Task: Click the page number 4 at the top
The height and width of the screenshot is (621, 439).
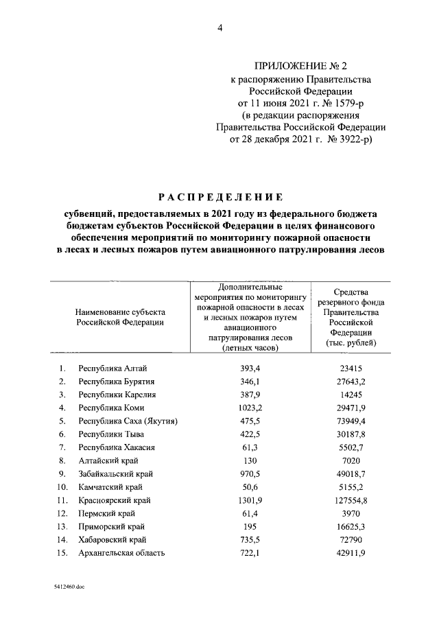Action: coord(219,28)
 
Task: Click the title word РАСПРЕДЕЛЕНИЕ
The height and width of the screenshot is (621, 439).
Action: coord(219,197)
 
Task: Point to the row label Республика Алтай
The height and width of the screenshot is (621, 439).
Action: coord(112,368)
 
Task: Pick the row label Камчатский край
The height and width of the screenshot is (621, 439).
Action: coord(110,487)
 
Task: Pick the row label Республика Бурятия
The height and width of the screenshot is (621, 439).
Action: coord(116,382)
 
